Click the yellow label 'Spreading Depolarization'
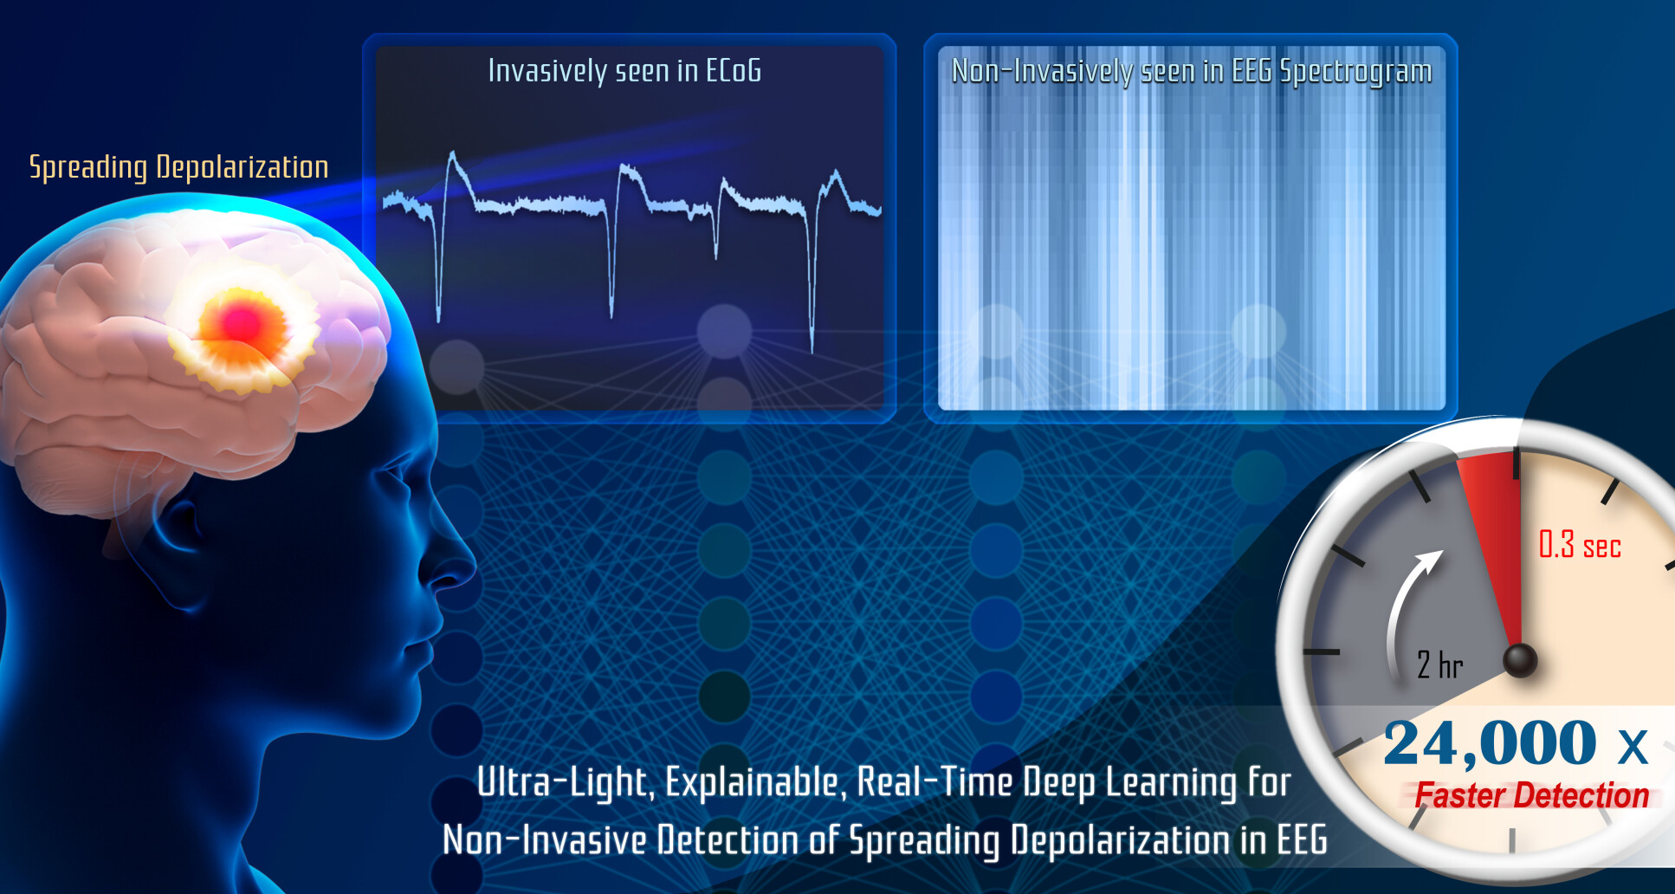(179, 167)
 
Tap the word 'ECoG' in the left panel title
(734, 71)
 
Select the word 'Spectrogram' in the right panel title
(1355, 72)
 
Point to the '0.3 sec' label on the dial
(1580, 545)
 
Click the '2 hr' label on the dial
(1439, 664)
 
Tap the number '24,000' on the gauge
(1490, 743)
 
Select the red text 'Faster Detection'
(1531, 795)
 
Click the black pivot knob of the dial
(1519, 660)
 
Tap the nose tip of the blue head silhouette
(473, 567)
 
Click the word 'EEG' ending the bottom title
(1302, 840)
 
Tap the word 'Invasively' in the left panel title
(547, 71)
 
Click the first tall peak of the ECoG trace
(452, 154)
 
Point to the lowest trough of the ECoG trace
(812, 350)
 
